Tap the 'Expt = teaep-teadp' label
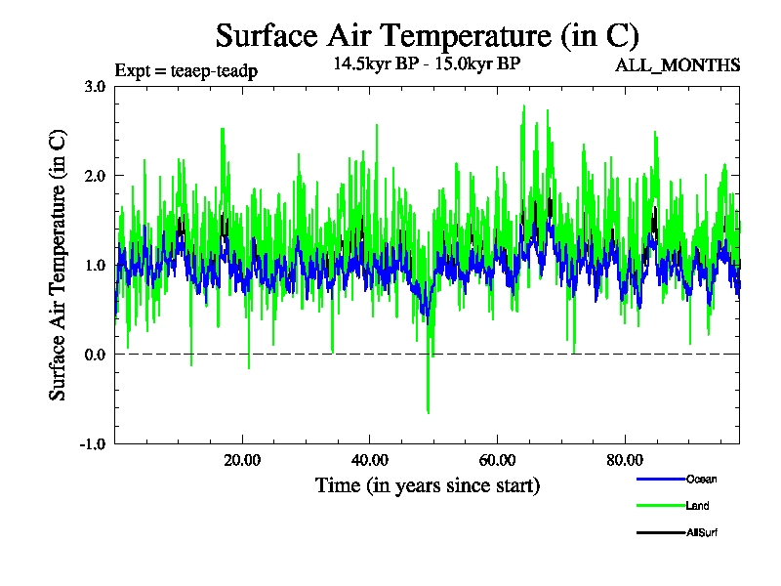(x=185, y=70)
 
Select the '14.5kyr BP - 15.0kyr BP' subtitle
(x=427, y=65)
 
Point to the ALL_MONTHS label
(x=677, y=65)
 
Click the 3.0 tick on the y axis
(x=95, y=86)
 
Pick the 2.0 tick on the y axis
(x=95, y=176)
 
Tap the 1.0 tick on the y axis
(x=95, y=265)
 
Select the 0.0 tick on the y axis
(x=95, y=355)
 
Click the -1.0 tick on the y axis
(x=93, y=443)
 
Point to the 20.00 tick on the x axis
(x=241, y=460)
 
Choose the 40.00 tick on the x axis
(x=369, y=460)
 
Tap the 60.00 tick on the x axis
(x=497, y=460)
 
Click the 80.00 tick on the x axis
(x=625, y=460)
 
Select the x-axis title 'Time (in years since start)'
(x=427, y=485)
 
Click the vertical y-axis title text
(x=59, y=265)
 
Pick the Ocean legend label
(x=702, y=479)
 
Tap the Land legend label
(x=697, y=506)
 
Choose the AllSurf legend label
(x=703, y=532)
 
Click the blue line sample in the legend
(x=658, y=479)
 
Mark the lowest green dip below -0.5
(x=428, y=412)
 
